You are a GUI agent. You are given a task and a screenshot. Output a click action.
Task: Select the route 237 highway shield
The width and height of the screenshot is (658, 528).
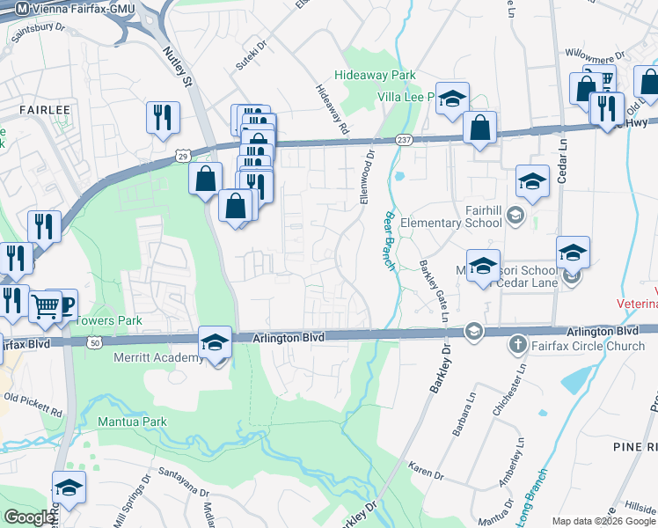pyautogui.click(x=404, y=140)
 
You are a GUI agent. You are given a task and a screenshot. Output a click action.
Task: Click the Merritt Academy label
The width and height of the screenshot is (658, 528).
pyautogui.click(x=158, y=358)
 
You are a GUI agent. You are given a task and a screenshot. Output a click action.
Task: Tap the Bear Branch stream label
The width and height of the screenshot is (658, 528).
pyautogui.click(x=388, y=241)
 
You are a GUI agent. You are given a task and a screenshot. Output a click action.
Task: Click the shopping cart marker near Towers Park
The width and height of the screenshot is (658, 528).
pyautogui.click(x=45, y=306)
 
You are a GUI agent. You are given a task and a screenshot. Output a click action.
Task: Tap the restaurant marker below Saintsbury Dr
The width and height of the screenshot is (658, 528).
pyautogui.click(x=163, y=117)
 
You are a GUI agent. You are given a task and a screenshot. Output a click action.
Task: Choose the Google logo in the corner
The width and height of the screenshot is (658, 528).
pyautogui.click(x=28, y=517)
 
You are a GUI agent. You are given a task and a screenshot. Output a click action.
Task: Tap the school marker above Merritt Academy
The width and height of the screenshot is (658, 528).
pyautogui.click(x=216, y=342)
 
